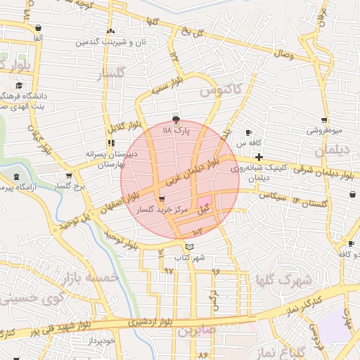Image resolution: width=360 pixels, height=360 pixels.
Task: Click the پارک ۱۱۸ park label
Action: [176, 131]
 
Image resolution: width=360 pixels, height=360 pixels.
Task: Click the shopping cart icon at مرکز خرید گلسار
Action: [162, 200]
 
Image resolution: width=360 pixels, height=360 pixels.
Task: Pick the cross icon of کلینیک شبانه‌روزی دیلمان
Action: [259, 157]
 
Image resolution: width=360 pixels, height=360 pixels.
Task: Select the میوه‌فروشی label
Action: [324, 131]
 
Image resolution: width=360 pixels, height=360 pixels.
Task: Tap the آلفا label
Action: [37, 37]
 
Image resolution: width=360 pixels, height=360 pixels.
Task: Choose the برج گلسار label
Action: [69, 186]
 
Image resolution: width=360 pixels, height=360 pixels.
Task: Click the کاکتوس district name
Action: [220, 91]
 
